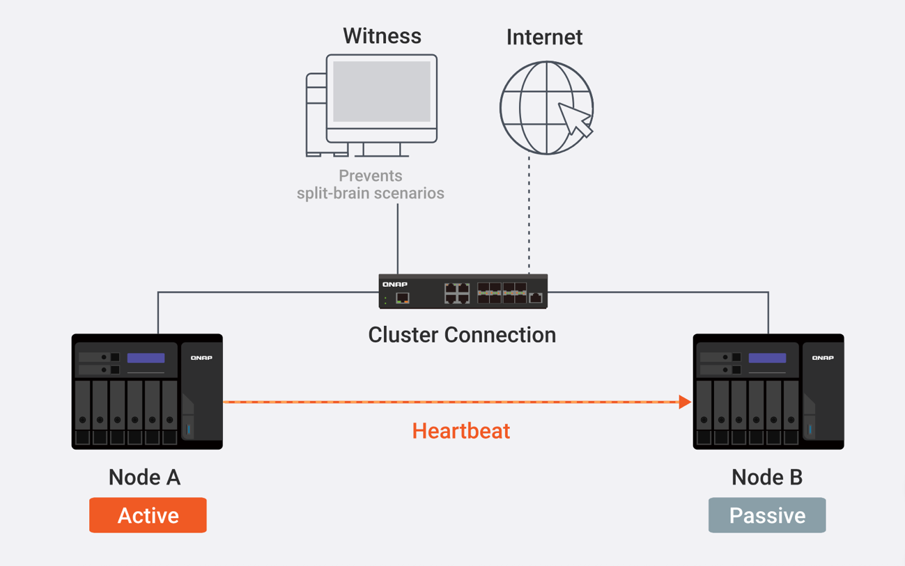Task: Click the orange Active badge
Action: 148,515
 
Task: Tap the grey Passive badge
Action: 767,515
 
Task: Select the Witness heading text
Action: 382,36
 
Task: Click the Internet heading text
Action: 544,38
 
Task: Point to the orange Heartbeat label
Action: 461,431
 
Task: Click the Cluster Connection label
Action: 462,335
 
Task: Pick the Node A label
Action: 144,478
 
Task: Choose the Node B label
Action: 767,478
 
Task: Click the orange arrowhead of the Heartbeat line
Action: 685,402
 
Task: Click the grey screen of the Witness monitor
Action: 382,91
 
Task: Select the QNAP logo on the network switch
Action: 395,285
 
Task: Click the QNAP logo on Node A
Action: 201,358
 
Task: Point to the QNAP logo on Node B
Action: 823,358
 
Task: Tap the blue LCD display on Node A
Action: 146,358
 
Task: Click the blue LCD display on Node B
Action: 767,358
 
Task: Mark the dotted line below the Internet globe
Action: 529,216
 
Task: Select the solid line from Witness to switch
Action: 398,240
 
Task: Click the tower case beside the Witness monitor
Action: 316,115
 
